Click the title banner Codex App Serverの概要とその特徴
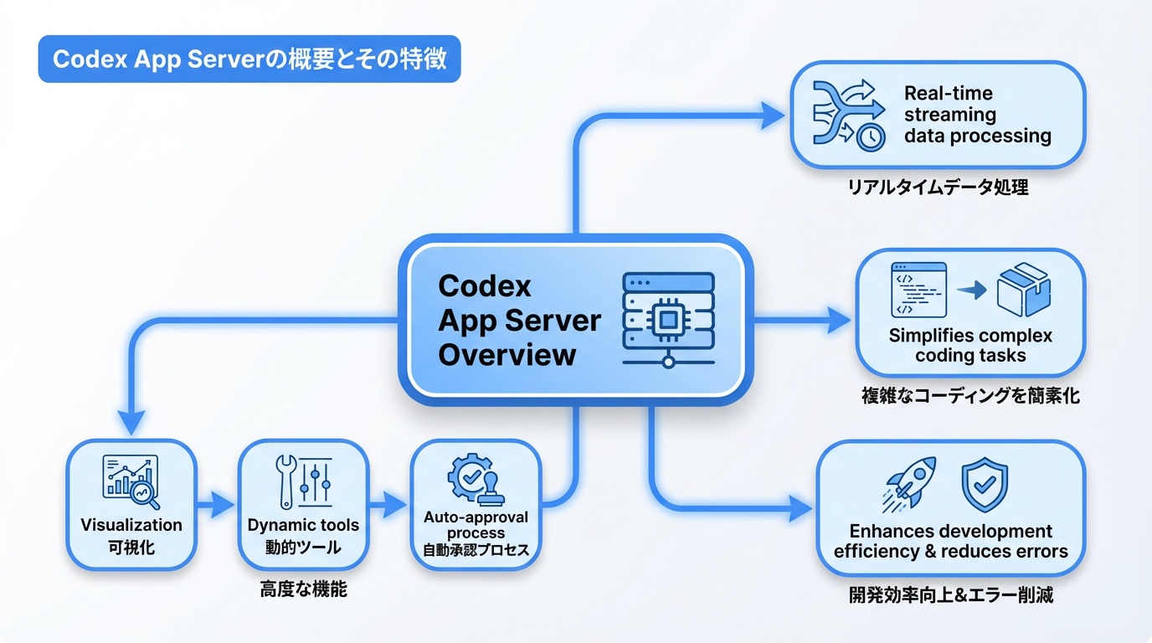[249, 59]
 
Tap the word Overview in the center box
[507, 354]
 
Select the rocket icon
[909, 484]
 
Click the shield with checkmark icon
[984, 484]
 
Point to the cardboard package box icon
[1023, 290]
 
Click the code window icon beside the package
[918, 289]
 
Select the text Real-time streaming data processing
[977, 115]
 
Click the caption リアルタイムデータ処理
[938, 188]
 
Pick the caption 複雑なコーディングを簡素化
[969, 396]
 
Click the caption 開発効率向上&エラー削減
[950, 596]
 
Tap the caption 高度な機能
[303, 590]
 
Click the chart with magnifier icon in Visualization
[131, 482]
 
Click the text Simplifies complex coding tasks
[969, 346]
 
